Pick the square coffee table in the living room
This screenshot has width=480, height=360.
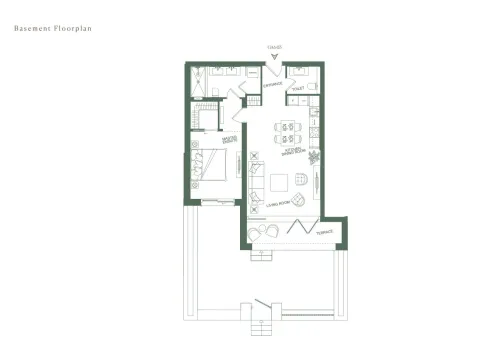point(281,180)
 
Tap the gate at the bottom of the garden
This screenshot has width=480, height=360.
point(263,305)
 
